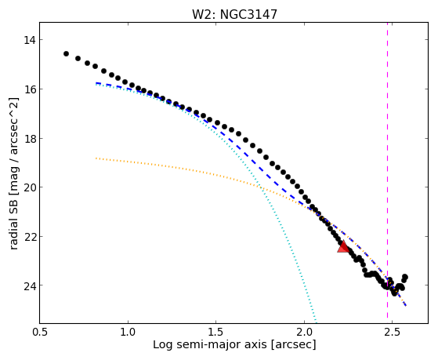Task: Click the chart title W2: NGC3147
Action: point(234,14)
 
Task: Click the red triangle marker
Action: point(343,247)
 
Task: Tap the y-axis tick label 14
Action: point(30,40)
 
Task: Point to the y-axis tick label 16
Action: point(30,89)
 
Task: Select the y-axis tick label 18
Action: point(30,139)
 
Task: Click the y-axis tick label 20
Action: point(30,187)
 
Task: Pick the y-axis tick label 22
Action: point(30,236)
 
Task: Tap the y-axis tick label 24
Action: point(30,285)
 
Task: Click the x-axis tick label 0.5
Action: point(40,332)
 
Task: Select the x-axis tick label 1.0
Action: point(128,332)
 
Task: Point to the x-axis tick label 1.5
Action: point(216,332)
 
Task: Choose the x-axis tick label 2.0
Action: point(304,332)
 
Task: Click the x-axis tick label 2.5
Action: point(393,332)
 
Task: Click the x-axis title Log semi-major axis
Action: point(210,345)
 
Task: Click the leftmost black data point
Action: point(66,53)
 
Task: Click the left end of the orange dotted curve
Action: point(96,158)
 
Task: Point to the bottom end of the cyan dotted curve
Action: point(316,321)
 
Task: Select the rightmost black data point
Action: point(405,277)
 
